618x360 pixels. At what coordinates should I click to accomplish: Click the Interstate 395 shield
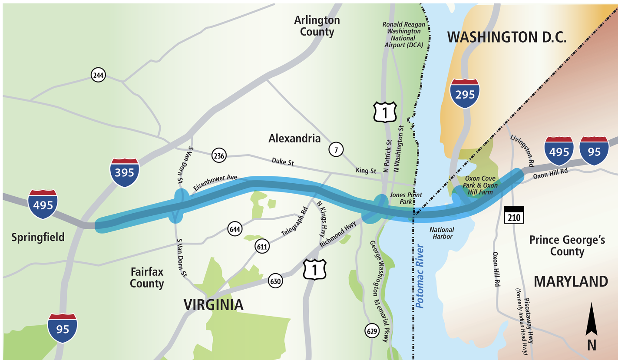(x=125, y=173)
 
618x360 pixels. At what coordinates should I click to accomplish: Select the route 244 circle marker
(x=99, y=75)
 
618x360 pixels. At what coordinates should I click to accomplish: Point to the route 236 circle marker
(x=218, y=155)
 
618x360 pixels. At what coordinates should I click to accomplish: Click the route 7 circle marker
(x=336, y=150)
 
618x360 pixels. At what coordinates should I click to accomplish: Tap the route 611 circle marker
(x=263, y=247)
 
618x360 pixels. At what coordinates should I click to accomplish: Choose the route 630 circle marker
(x=276, y=281)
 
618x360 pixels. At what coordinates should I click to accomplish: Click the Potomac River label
(x=420, y=276)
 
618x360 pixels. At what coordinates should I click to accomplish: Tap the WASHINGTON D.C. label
(x=507, y=37)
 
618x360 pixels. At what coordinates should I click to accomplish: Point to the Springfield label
(x=38, y=237)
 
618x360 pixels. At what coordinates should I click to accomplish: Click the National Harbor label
(x=441, y=233)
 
